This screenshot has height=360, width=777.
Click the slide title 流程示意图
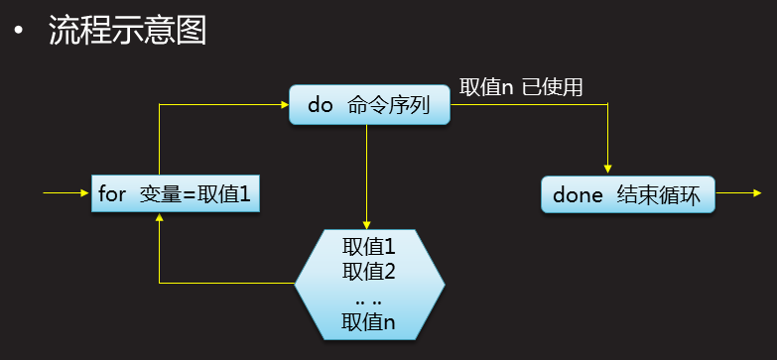coord(127,31)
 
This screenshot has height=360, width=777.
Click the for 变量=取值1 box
coord(175,193)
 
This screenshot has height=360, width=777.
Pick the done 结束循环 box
coord(627,194)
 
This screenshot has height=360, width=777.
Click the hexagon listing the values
coord(369,283)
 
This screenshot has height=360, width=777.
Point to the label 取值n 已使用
coord(521,87)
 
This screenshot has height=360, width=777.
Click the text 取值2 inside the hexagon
coord(369,271)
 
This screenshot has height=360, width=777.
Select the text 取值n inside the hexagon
coord(369,321)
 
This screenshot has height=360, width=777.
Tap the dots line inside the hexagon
coord(369,297)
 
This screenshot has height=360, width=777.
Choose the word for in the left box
coord(113,193)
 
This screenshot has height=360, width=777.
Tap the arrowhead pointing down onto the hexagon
coord(367,224)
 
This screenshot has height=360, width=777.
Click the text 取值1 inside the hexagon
coord(369,247)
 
